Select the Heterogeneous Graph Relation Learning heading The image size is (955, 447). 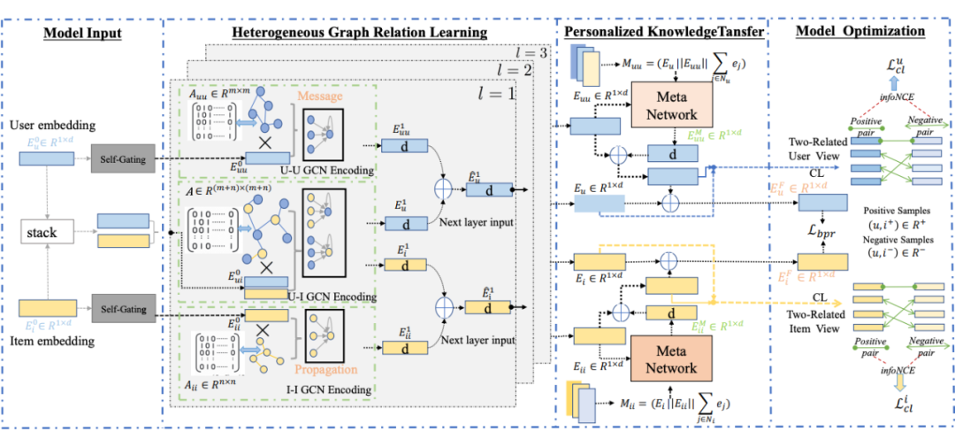tap(359, 33)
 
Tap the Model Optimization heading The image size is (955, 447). tap(859, 31)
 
